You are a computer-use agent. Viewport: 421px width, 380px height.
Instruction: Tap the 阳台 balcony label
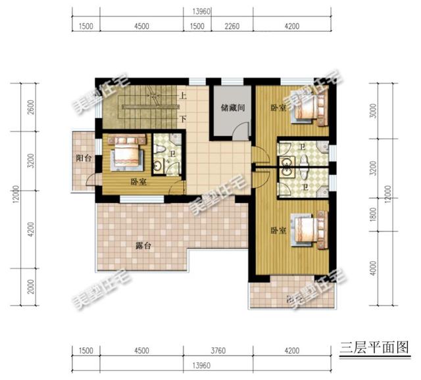tap(84, 158)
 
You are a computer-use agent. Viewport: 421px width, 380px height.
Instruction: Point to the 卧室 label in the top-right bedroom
tap(278, 108)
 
